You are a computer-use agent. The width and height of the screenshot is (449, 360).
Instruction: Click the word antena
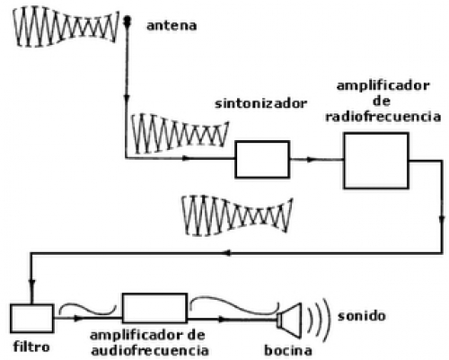coord(172,26)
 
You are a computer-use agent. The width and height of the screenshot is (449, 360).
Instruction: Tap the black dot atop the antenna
coord(128,21)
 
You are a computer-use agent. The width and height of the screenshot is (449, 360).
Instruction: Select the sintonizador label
coord(260,104)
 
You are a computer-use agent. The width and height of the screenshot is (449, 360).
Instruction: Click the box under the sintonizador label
coord(262,159)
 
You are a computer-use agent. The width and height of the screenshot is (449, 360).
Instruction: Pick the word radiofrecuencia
coord(383,117)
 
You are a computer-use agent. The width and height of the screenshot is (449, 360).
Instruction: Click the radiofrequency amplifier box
coord(376,161)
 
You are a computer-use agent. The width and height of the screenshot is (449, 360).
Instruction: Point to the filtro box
coord(32,319)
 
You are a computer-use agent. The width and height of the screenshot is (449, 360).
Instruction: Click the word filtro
coord(31,347)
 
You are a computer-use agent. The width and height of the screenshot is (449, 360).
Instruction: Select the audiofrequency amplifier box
coord(154,308)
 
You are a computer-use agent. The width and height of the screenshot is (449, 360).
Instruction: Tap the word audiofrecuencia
coord(150,350)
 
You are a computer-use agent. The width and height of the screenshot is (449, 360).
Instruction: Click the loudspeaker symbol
coord(289,320)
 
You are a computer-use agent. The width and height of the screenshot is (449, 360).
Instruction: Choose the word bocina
coord(288,350)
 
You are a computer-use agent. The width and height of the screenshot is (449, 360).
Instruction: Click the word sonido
coord(362,316)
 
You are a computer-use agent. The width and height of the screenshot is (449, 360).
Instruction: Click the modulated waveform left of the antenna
coord(66,26)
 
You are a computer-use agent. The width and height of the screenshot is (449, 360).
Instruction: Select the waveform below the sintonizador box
coord(237,215)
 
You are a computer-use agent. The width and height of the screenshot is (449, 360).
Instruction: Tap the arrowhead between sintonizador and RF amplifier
coord(312,160)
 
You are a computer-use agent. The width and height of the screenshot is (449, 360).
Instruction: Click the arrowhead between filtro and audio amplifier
coord(78,319)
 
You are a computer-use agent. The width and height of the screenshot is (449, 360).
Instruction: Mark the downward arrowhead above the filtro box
coord(31,284)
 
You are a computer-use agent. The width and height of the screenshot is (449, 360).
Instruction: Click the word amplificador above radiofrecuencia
coord(383,86)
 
